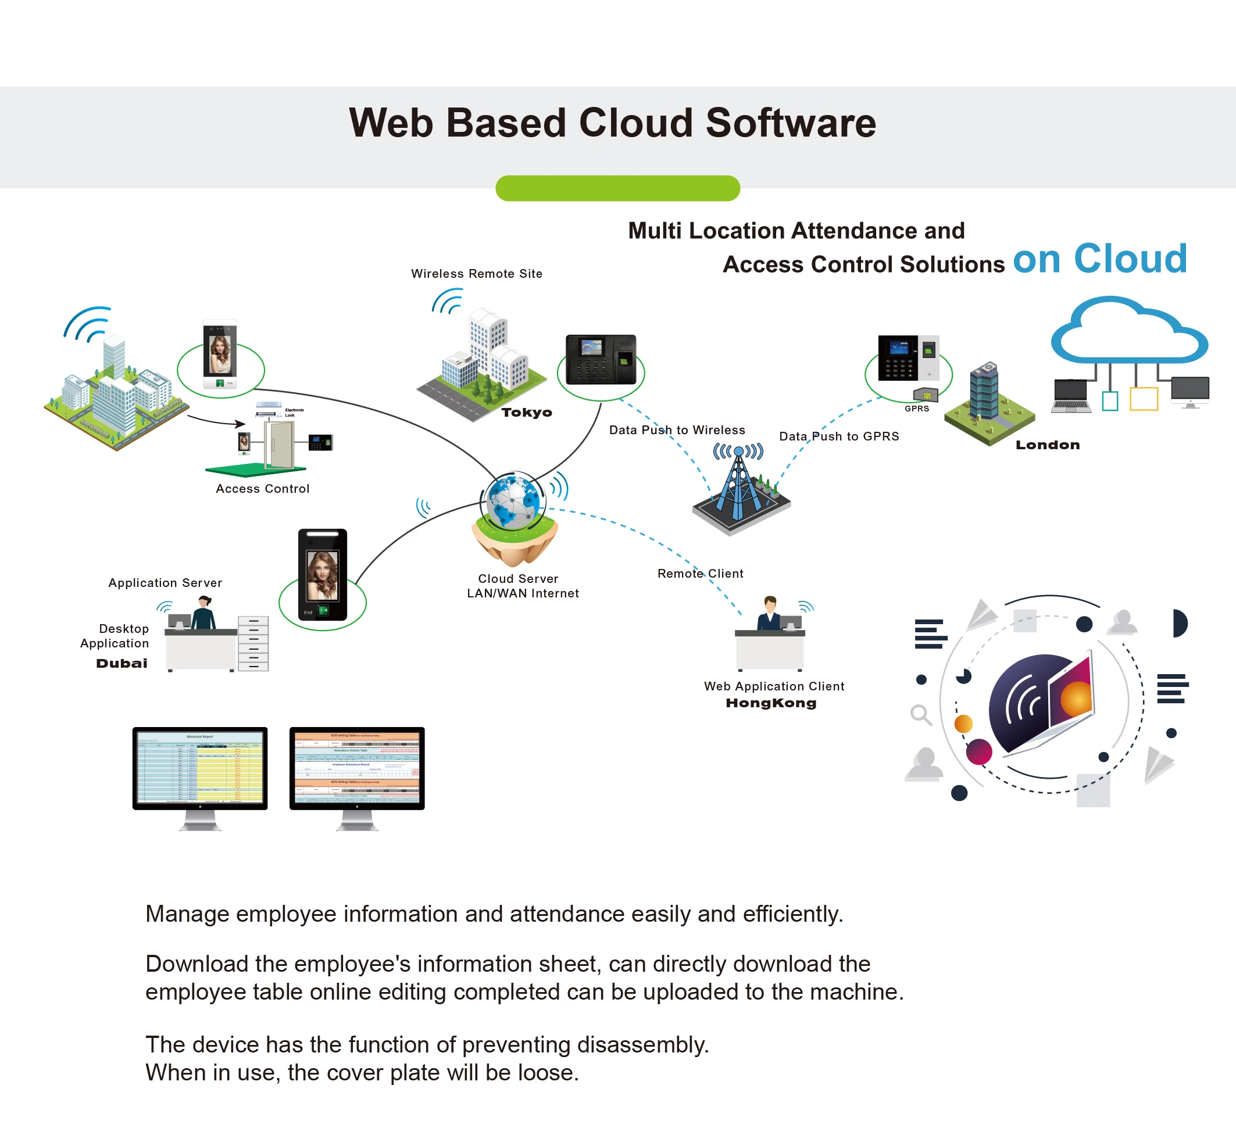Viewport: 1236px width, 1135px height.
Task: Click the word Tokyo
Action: [527, 412]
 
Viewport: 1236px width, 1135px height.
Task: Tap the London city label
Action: [1047, 445]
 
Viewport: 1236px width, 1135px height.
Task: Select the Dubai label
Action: [122, 663]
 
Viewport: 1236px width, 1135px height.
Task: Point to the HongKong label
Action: [771, 703]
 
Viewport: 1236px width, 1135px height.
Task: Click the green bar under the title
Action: [617, 188]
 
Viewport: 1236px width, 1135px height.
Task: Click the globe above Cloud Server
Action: [513, 501]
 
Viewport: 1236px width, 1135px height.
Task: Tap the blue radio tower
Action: [740, 485]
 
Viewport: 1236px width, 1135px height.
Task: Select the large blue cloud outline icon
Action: [1129, 332]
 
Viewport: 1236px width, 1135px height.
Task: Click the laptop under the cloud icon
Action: [1071, 396]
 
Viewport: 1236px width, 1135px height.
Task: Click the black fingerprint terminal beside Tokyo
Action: [600, 359]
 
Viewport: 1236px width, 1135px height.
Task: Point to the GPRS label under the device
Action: [917, 409]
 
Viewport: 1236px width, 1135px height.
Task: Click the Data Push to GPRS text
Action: [838, 436]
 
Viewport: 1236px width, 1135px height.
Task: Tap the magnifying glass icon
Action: [920, 714]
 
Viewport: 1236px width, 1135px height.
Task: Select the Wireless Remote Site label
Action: [476, 273]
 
